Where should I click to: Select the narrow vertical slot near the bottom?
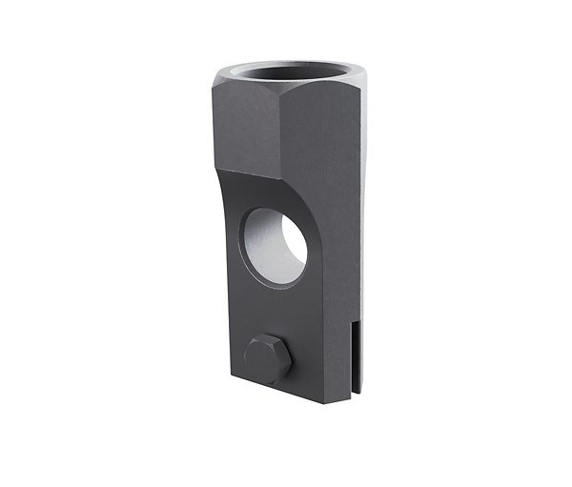(355, 362)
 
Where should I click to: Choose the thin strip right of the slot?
(360, 362)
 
